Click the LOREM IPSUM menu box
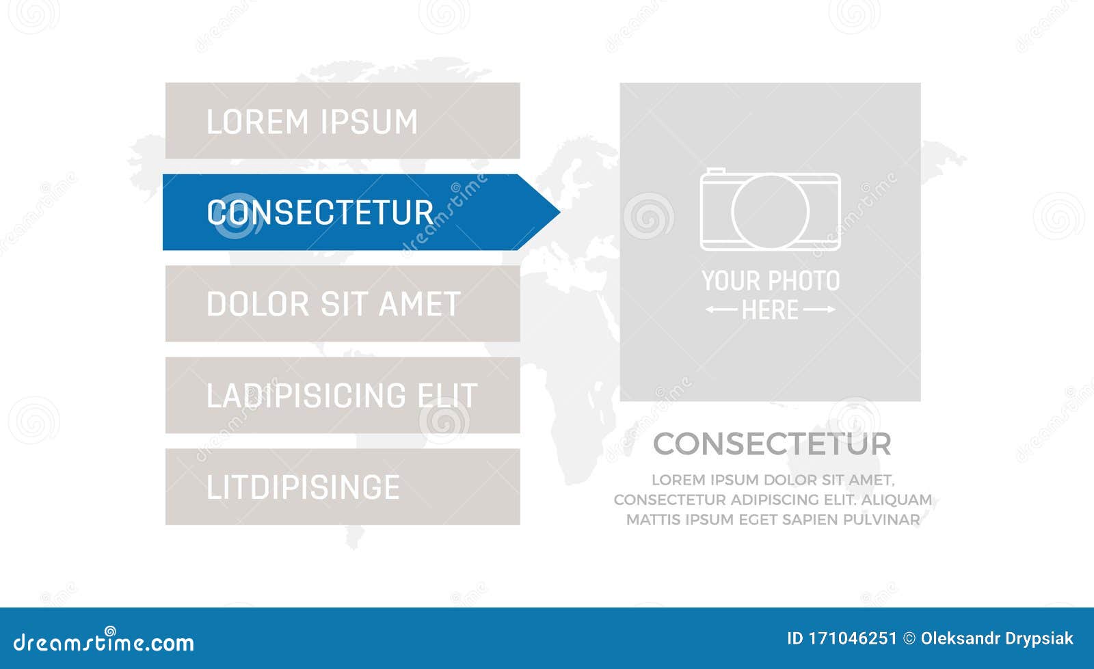click(342, 121)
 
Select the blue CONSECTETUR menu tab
click(342, 213)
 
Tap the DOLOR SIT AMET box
click(342, 303)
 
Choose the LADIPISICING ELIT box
click(342, 395)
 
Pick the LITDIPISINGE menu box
click(342, 487)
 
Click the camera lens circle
click(770, 211)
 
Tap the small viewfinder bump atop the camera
click(716, 171)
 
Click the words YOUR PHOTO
click(771, 281)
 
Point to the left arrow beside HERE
click(721, 310)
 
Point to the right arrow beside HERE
click(819, 310)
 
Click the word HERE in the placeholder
click(770, 310)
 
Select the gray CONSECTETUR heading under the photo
click(772, 444)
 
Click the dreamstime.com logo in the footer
click(104, 642)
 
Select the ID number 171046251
click(852, 639)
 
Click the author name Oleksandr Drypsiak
click(997, 639)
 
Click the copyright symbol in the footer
click(909, 639)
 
